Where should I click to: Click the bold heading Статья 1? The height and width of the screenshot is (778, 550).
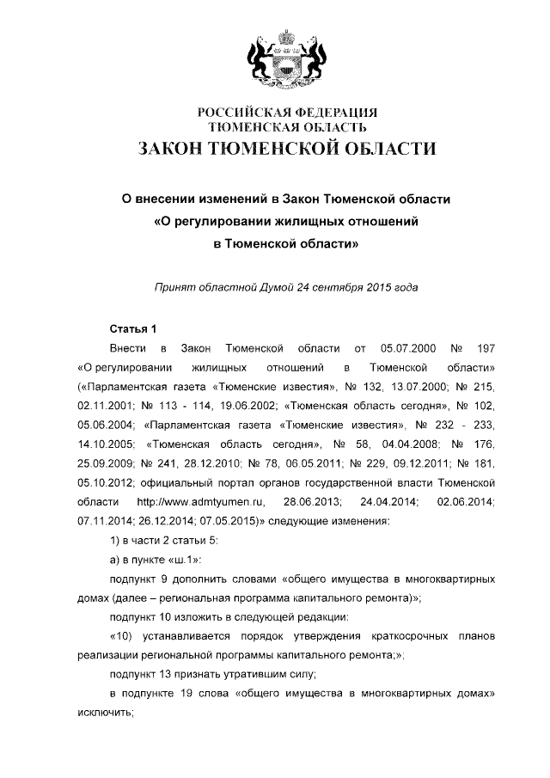[133, 329]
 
